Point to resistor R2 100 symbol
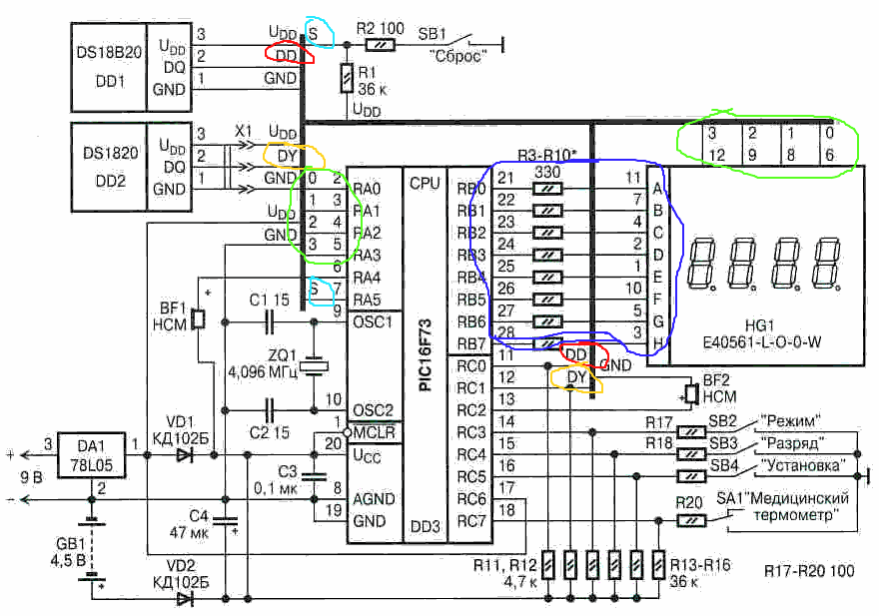378,45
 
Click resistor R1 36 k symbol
347,78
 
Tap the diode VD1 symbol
185,454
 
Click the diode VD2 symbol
185,598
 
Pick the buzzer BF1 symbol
198,319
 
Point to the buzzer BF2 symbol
689,392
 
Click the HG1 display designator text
759,325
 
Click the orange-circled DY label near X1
285,156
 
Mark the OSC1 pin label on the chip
372,322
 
